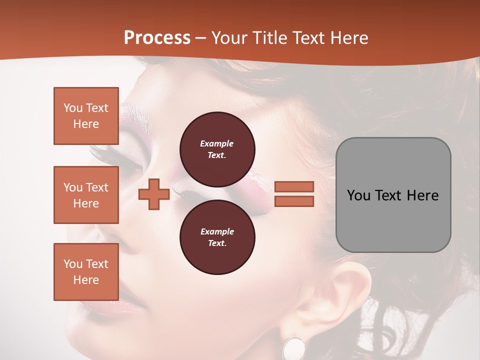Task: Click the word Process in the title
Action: (x=157, y=37)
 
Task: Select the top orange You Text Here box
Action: (x=86, y=116)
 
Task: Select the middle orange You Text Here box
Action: (x=86, y=195)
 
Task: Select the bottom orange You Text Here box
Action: (x=86, y=271)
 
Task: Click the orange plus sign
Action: (x=154, y=194)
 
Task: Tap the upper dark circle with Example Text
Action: (x=217, y=149)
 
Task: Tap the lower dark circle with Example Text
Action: (x=217, y=237)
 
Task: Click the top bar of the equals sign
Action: (x=294, y=186)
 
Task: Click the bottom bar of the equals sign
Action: (x=294, y=201)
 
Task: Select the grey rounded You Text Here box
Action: (x=393, y=195)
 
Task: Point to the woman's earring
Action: (x=294, y=347)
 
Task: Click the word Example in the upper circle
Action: (x=217, y=143)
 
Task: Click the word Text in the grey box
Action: (x=387, y=195)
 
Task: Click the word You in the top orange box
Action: (x=72, y=108)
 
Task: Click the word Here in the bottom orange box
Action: (x=86, y=280)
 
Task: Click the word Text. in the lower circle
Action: (x=217, y=243)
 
